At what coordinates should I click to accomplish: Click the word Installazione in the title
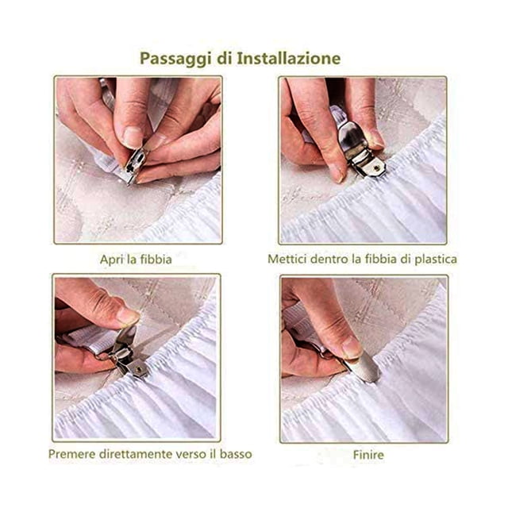point(289,58)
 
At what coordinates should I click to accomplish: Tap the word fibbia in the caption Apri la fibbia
point(156,260)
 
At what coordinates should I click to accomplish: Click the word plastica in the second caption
point(436,260)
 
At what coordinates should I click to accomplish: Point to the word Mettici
point(287,259)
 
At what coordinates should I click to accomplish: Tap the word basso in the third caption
point(236,453)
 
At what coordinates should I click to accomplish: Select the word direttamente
point(136,453)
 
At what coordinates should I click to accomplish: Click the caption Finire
point(368,455)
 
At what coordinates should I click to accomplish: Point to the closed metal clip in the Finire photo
point(362,368)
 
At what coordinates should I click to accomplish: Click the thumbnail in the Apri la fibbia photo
point(133,137)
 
